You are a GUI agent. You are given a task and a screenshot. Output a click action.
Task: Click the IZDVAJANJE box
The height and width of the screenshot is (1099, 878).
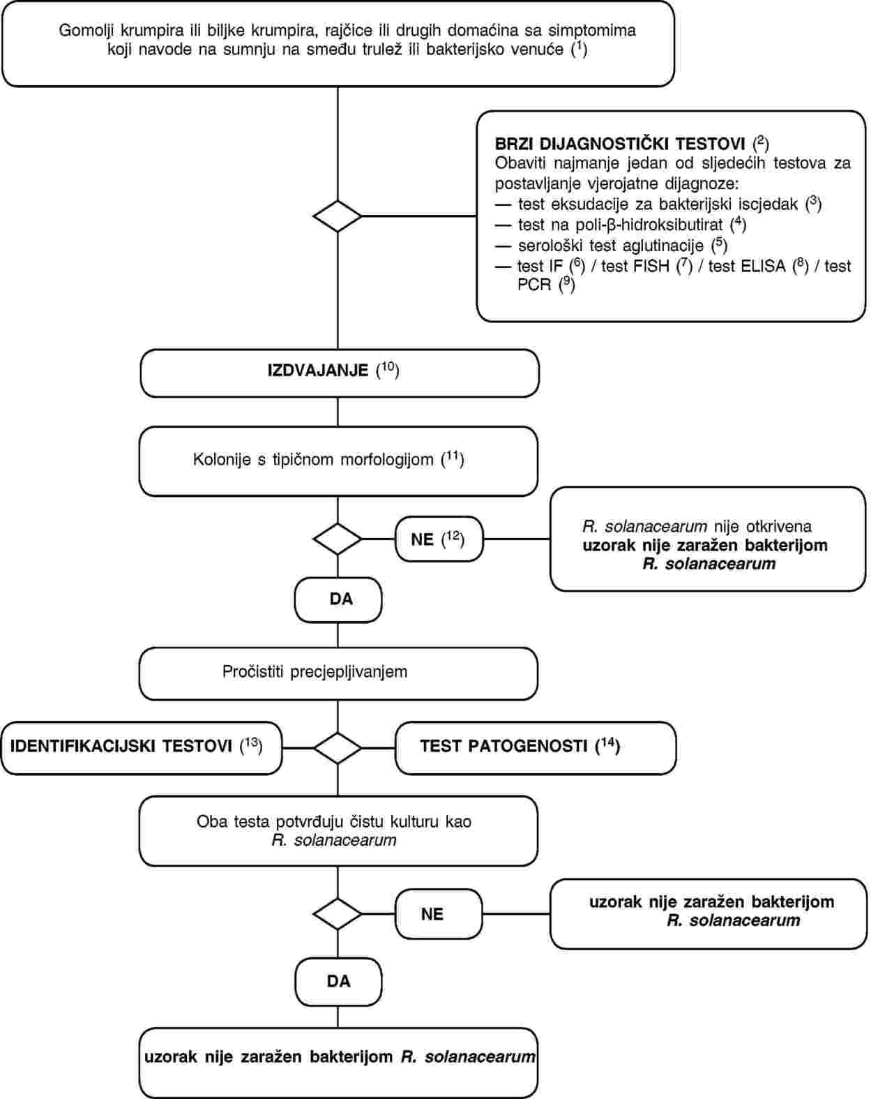340,373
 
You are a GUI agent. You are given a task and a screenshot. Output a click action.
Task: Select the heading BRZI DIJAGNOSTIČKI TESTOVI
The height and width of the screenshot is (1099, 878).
620,144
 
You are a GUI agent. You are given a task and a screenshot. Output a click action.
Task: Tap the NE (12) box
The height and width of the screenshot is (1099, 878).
439,539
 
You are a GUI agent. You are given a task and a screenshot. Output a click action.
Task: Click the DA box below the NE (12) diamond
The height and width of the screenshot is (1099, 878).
338,599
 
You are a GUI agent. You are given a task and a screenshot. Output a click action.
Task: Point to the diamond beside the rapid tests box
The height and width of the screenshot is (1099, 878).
338,216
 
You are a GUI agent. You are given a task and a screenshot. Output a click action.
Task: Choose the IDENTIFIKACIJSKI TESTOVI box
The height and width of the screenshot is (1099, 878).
142,747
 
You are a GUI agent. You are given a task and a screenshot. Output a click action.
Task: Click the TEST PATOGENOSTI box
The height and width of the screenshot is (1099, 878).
536,747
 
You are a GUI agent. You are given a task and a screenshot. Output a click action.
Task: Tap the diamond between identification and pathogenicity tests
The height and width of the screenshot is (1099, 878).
338,747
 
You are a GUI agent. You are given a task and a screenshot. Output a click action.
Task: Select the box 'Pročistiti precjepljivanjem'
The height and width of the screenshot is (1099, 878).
338,673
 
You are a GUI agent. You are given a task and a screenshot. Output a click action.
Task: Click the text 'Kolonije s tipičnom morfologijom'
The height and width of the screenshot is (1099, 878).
313,460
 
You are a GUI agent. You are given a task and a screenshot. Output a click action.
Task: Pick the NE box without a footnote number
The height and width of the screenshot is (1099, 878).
439,913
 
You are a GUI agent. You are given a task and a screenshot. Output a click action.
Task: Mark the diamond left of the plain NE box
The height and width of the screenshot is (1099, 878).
338,913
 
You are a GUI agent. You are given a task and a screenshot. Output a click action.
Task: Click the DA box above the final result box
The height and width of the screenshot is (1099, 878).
338,982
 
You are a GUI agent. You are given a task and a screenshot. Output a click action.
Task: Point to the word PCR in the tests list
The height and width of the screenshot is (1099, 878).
534,285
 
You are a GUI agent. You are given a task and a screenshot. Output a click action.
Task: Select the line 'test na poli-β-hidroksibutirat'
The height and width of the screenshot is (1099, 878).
620,225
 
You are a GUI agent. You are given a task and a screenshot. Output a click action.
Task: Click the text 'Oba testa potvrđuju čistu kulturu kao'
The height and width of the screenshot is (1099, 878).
334,822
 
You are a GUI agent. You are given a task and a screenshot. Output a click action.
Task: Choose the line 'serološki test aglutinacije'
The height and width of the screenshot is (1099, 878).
610,245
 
